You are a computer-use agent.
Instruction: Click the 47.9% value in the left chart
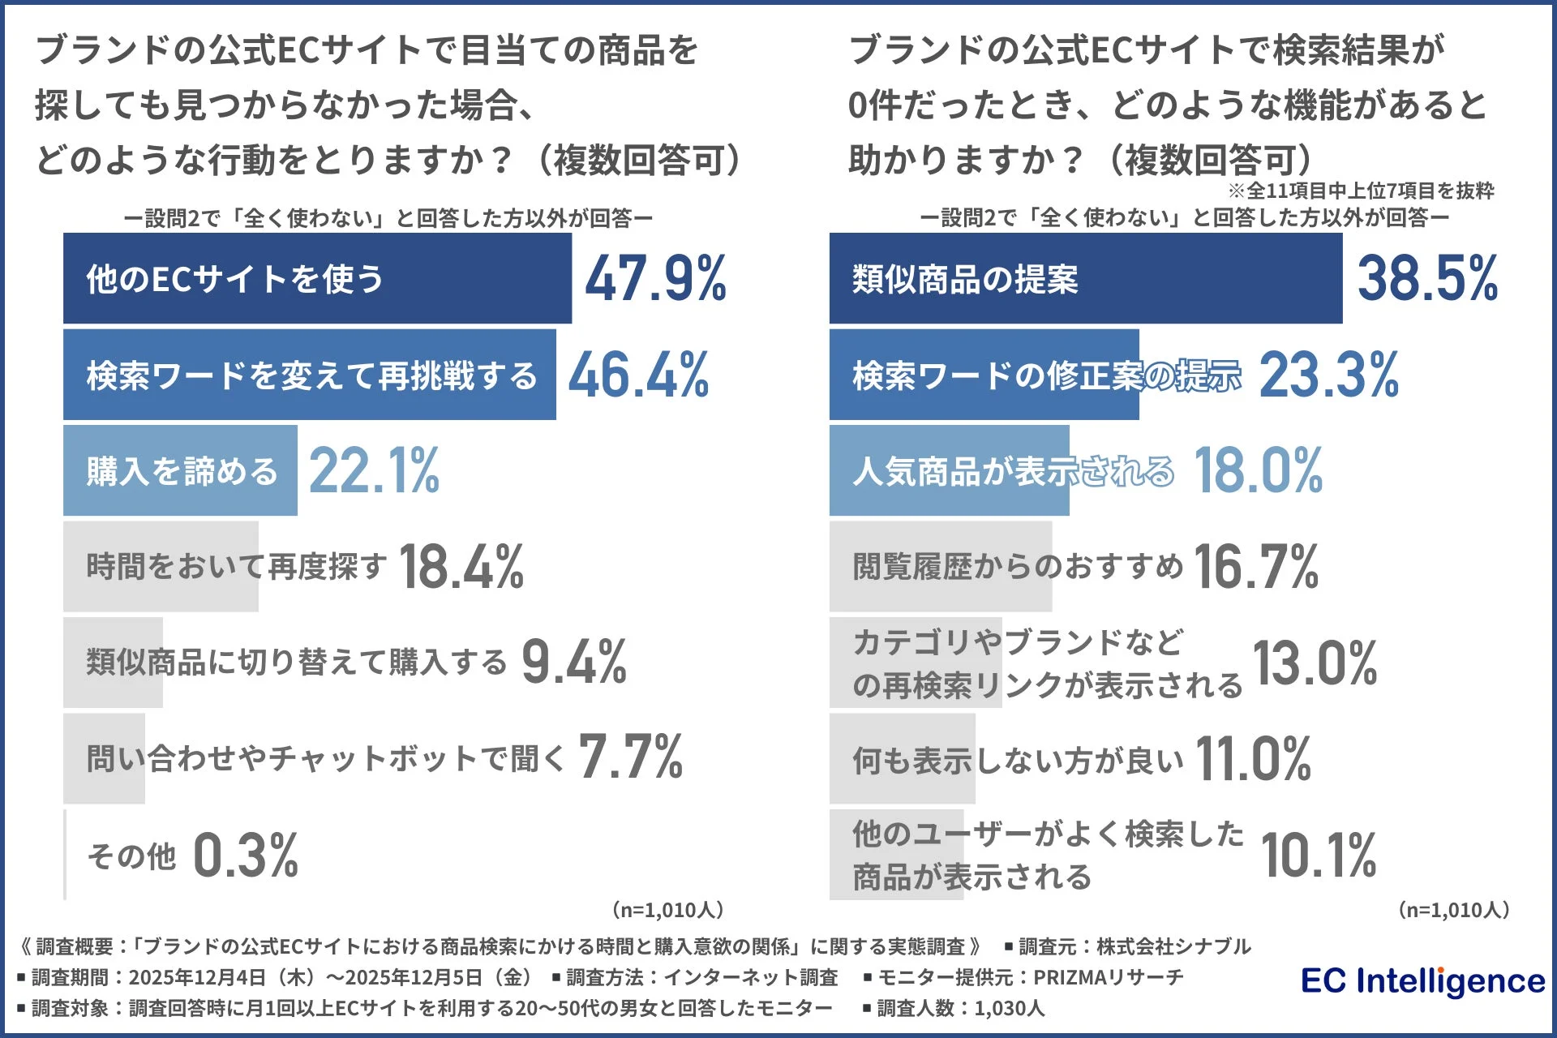tap(655, 279)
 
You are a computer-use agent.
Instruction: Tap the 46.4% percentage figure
tap(638, 375)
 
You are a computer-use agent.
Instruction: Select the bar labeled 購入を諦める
tap(180, 470)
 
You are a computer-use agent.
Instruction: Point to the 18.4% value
tap(461, 567)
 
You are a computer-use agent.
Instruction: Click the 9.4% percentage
tap(573, 663)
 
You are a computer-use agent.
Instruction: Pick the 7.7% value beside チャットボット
tap(630, 758)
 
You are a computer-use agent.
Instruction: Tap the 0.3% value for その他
tap(246, 856)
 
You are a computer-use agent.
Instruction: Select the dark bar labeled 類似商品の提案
tap(1085, 279)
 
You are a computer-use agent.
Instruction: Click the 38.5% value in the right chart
tap(1427, 279)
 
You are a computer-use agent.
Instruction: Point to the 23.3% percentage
tap(1328, 375)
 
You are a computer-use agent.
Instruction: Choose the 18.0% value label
tap(1258, 470)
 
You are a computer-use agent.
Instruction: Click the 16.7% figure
tap(1255, 567)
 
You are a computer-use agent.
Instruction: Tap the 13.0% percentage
tap(1315, 663)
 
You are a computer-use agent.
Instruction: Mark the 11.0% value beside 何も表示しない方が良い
tap(1253, 758)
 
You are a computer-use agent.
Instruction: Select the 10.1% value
tap(1318, 856)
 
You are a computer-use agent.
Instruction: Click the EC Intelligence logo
tap(1422, 981)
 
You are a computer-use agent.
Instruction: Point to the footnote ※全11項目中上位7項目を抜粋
tap(1360, 191)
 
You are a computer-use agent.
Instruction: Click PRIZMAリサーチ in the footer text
tap(1108, 977)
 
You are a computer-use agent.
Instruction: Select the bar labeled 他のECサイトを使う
tap(317, 279)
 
